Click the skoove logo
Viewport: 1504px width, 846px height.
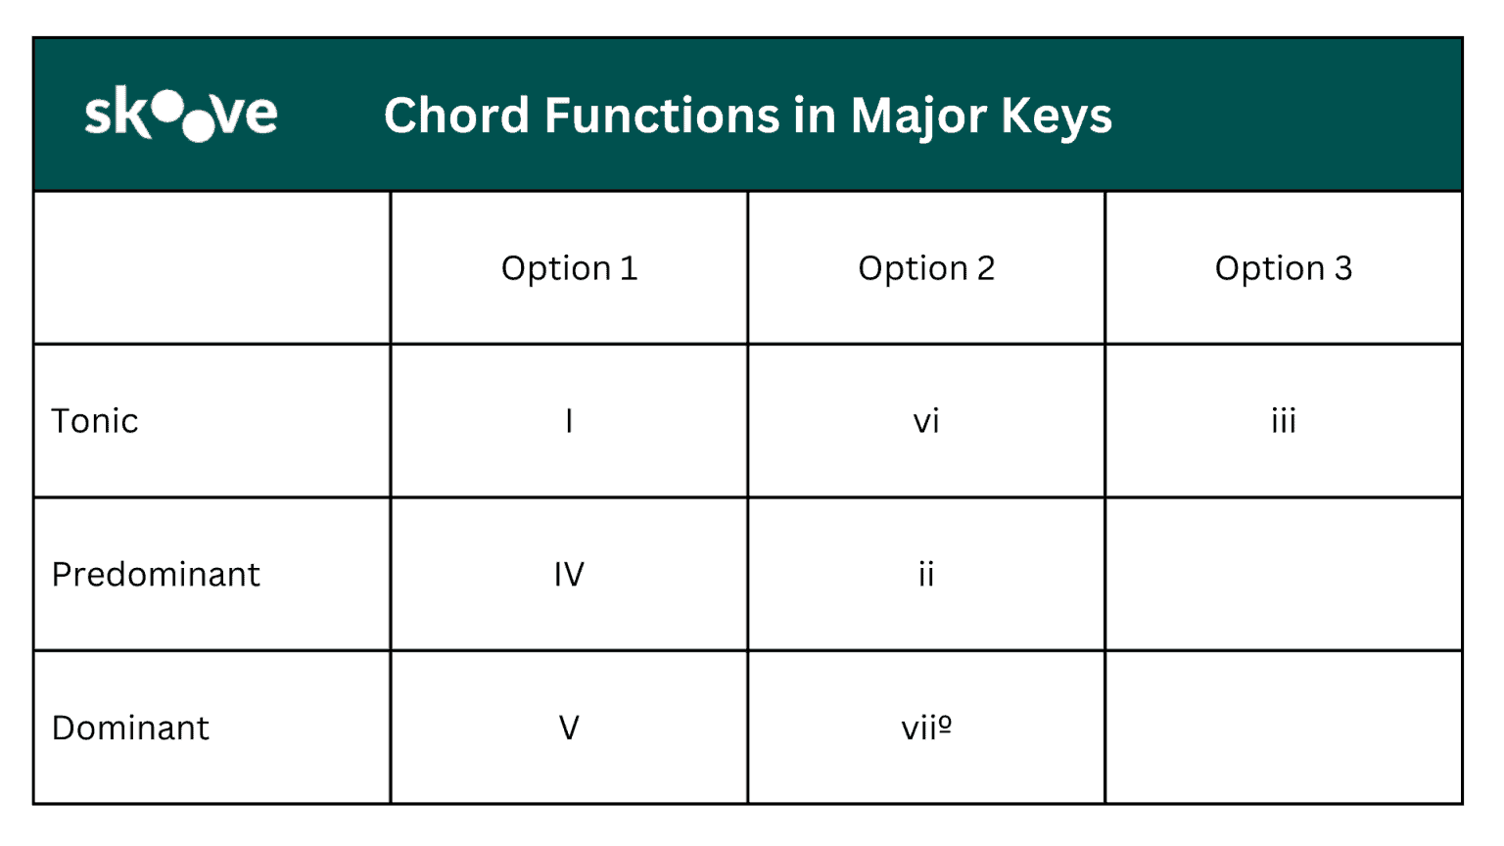(181, 115)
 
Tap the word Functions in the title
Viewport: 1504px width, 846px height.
(662, 116)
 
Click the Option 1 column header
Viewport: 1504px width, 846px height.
(569, 268)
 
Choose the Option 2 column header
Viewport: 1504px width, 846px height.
(926, 268)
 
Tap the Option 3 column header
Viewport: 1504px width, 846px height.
(1283, 268)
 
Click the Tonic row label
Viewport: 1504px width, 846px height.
(95, 421)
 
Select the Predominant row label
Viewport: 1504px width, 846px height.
(156, 575)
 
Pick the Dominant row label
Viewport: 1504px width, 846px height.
(130, 728)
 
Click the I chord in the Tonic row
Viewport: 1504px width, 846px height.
(569, 421)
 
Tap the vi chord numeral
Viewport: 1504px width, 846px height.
(926, 422)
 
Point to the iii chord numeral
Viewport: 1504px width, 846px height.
(1283, 421)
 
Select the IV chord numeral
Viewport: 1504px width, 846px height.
(569, 575)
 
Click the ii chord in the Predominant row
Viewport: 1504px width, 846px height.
(926, 575)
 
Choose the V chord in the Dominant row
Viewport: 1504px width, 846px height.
(569, 728)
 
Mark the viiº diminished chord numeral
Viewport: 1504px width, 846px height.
(926, 728)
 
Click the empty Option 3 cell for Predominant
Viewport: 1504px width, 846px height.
(1283, 575)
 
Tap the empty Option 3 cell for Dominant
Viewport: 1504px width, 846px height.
(1283, 728)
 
